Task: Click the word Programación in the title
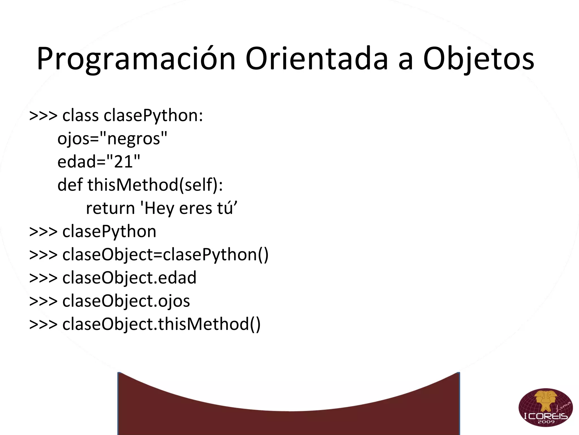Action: [136, 59]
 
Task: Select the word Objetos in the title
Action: [478, 59]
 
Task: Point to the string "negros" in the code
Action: [134, 139]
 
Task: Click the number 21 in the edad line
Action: [123, 162]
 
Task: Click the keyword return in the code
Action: [110, 208]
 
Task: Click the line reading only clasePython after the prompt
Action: [109, 231]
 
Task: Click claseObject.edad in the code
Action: [129, 278]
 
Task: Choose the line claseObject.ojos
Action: [126, 301]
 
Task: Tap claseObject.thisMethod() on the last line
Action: [161, 324]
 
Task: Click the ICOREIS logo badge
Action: [546, 407]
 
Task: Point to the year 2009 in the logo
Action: [546, 422]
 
